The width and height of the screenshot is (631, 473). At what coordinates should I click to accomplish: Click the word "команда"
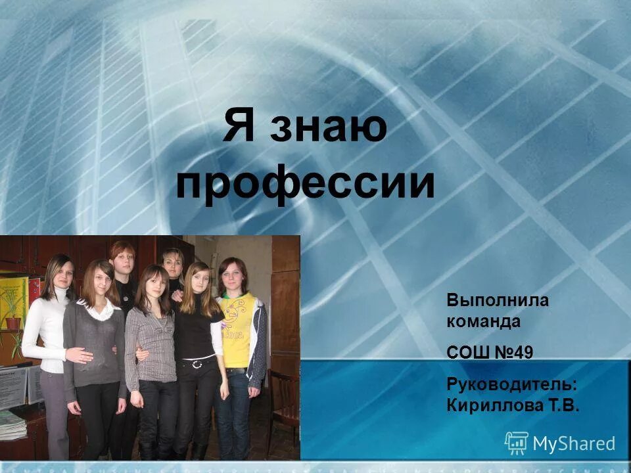[483, 322]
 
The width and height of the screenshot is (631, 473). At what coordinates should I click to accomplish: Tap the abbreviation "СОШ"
[467, 353]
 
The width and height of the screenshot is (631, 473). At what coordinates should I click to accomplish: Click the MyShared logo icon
[516, 443]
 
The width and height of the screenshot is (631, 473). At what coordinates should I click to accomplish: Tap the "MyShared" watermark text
[573, 444]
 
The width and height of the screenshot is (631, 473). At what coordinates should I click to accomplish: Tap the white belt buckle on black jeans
[196, 363]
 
